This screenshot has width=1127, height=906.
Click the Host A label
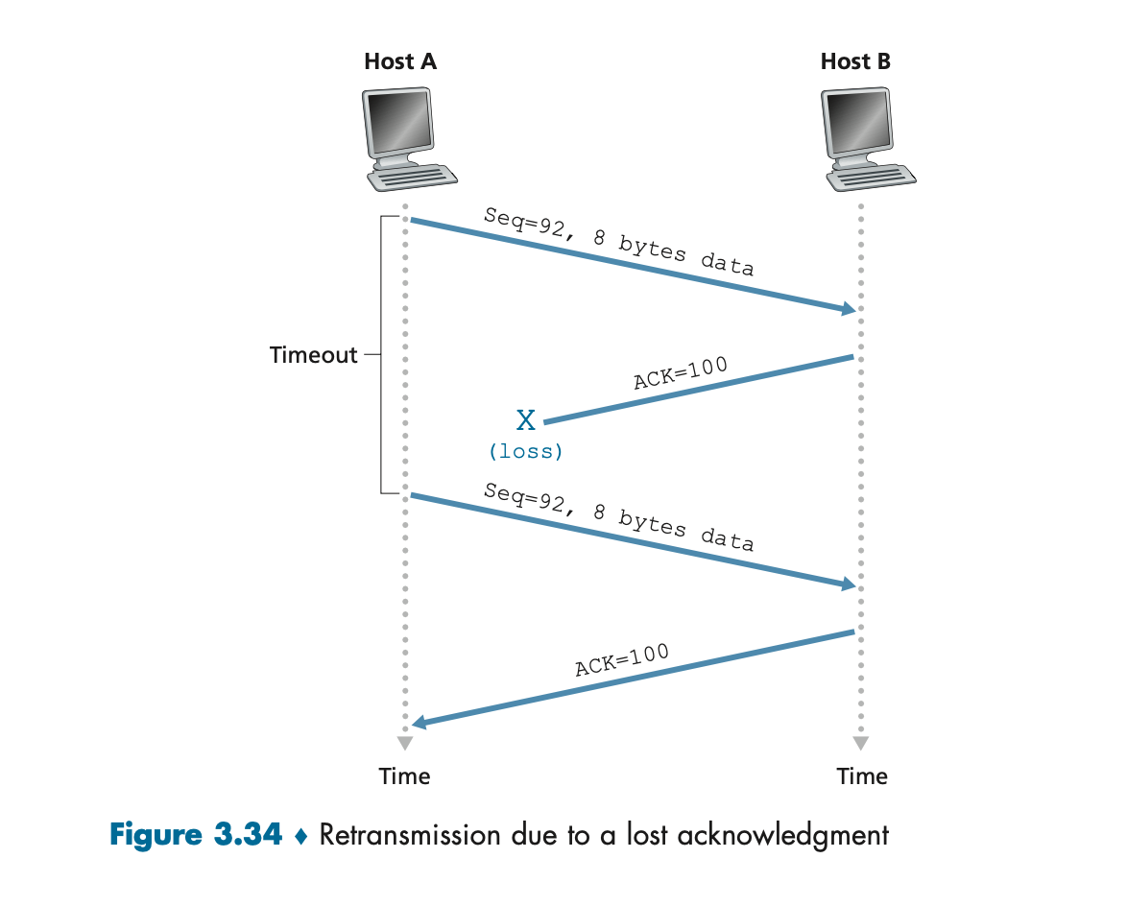coord(400,61)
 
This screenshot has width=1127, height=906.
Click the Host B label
coord(854,61)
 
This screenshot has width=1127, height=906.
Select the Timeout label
coord(313,355)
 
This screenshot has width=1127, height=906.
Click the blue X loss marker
coord(526,420)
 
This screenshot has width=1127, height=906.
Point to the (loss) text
coord(526,450)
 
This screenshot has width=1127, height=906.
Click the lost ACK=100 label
coord(681,372)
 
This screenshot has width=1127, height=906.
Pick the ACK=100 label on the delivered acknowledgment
coord(621,660)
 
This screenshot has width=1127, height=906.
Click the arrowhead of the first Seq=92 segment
coord(849,309)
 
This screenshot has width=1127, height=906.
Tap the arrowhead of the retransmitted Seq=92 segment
coord(849,584)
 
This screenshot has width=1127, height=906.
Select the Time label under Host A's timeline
coord(404,775)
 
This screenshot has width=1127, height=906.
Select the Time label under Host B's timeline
coord(861,775)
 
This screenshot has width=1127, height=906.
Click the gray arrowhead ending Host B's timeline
coord(860,744)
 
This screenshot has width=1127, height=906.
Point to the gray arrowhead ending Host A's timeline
coord(404,744)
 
